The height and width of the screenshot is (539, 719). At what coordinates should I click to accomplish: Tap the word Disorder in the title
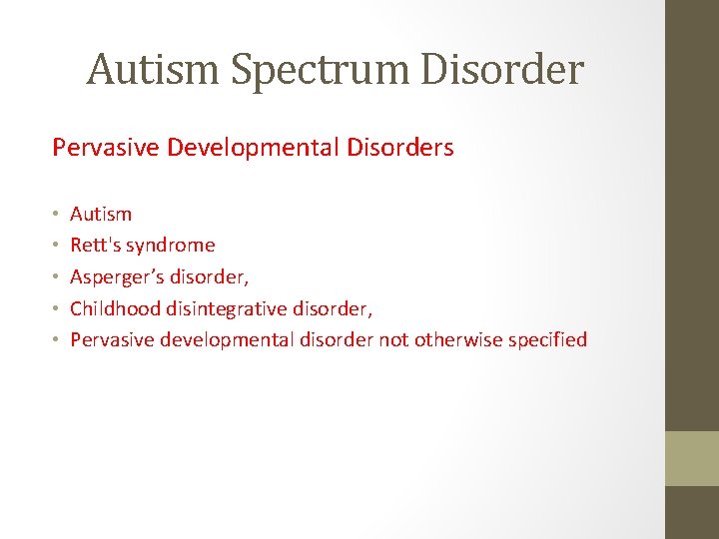click(x=509, y=69)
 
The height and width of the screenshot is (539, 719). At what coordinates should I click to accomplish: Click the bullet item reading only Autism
click(x=101, y=214)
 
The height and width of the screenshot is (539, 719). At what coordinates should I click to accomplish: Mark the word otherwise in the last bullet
click(x=458, y=339)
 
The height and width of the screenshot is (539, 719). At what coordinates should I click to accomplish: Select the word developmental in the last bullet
click(x=235, y=340)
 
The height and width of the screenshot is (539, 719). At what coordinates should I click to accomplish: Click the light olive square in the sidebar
click(x=692, y=458)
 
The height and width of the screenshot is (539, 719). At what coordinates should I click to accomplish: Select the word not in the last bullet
click(x=393, y=339)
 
